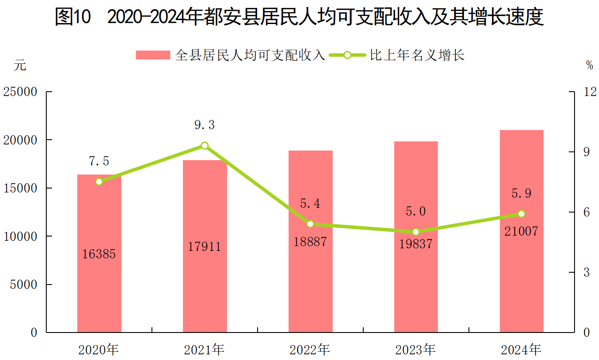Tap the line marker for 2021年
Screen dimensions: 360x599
coord(205,146)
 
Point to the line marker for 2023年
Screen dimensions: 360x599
coord(416,232)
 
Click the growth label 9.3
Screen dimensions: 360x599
coord(205,126)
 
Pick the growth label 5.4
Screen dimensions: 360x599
coord(310,203)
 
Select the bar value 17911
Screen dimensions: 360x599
coord(205,247)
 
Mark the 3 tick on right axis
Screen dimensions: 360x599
coord(587,273)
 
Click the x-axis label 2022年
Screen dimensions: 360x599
coord(310,350)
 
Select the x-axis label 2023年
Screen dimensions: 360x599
coord(415,350)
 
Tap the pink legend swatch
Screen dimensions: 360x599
coord(152,55)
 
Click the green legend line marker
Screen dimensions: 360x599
coord(347,55)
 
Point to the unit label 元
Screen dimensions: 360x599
coord(20,65)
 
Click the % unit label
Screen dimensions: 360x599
coord(589,65)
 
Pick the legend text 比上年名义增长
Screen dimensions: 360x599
coord(417,55)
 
